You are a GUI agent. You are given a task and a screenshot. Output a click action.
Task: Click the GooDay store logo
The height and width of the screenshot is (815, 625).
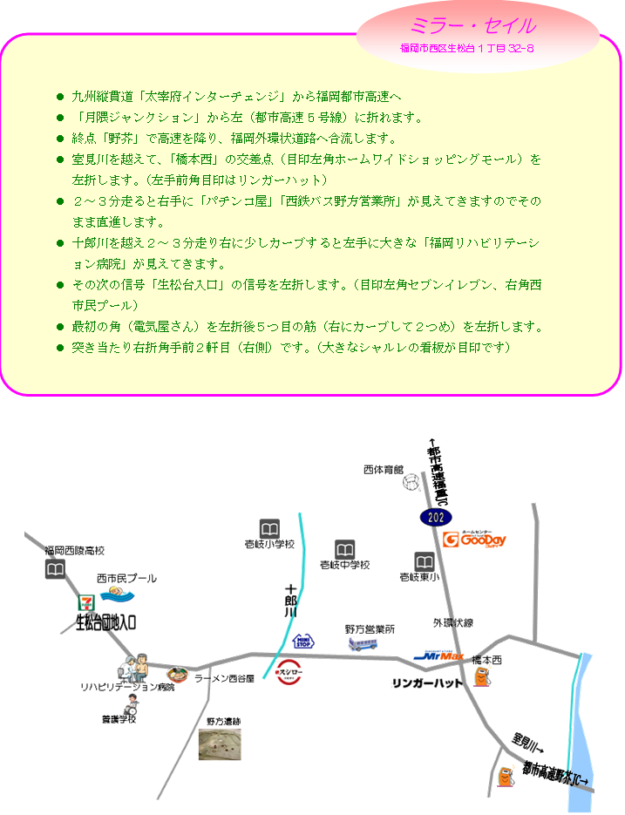(474, 540)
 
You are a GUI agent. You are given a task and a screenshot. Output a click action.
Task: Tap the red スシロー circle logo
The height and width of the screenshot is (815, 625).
(289, 673)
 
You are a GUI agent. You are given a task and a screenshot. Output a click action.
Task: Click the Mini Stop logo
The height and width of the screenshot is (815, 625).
(302, 642)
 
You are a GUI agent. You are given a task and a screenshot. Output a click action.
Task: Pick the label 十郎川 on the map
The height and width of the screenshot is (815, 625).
(291, 601)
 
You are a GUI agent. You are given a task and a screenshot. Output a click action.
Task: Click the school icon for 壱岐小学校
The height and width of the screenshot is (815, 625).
(269, 529)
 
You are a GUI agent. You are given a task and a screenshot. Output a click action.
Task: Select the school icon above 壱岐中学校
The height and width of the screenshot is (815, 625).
(345, 550)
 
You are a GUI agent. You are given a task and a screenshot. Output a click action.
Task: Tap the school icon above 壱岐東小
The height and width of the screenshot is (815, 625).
(425, 561)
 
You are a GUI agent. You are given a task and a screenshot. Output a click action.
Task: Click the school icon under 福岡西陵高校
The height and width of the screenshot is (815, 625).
(55, 569)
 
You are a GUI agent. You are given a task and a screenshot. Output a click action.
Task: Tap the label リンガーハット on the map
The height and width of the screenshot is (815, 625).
(427, 683)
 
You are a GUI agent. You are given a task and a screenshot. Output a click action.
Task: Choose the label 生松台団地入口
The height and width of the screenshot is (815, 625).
(106, 622)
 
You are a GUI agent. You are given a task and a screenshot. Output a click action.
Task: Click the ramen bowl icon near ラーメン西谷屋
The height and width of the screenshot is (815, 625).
(178, 675)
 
